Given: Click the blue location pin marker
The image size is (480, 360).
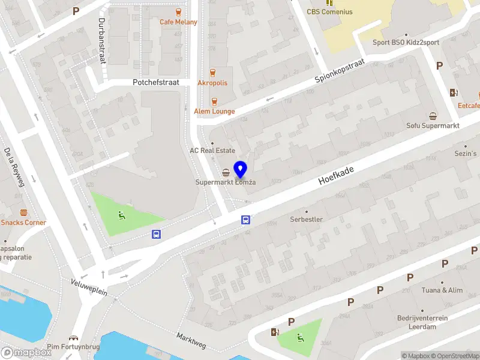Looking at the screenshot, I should [x=240, y=169].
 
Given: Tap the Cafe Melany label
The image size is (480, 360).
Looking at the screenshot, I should [x=178, y=22].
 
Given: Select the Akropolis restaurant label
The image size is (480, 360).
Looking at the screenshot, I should [x=212, y=83].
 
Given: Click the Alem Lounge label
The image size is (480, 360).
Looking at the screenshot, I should [x=214, y=111].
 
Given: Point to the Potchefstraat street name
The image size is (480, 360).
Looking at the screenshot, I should [x=156, y=83].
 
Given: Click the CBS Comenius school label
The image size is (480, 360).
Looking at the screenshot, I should [x=330, y=11].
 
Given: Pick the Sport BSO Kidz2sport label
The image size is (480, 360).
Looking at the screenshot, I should [x=406, y=43].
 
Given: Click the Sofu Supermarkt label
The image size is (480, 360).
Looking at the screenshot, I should [x=433, y=125].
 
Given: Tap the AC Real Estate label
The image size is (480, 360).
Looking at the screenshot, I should [x=212, y=151].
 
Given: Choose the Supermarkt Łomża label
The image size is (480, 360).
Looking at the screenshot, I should [x=226, y=182].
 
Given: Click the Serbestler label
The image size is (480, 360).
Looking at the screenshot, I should [x=306, y=219].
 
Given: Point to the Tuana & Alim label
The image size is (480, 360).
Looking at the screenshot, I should [x=443, y=290].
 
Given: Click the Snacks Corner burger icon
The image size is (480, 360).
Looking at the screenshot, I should [x=23, y=212].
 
